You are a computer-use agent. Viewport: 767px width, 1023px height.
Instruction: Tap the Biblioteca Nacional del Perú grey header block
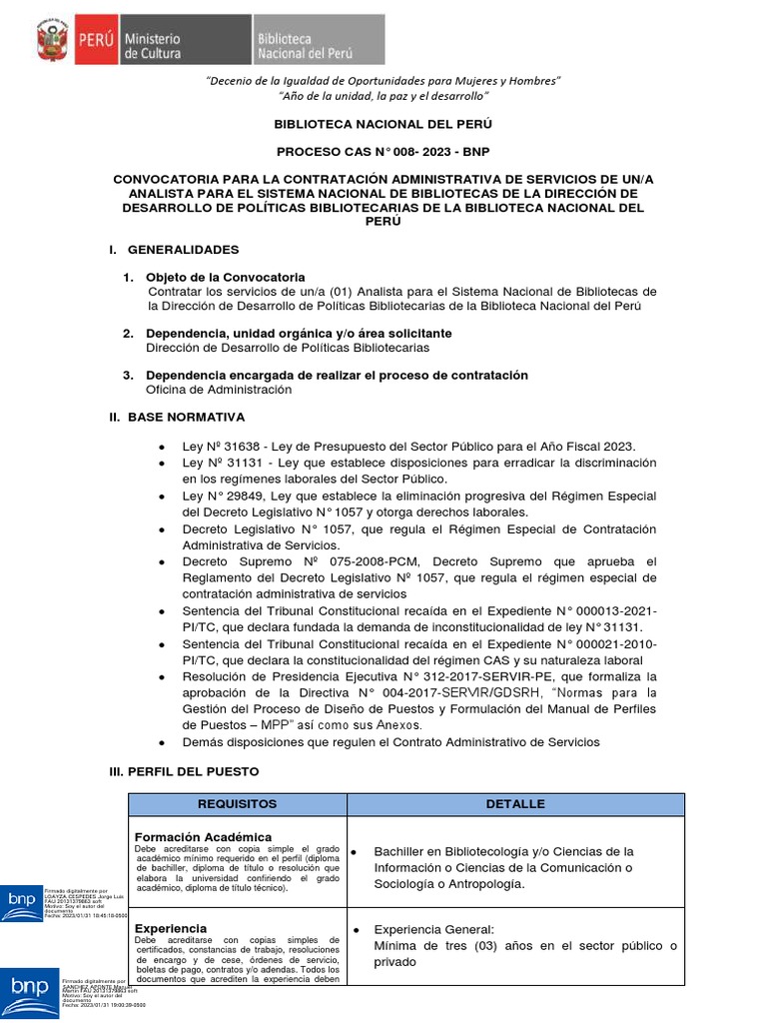coord(317,42)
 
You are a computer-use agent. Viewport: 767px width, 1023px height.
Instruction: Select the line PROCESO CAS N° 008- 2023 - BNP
coord(383,151)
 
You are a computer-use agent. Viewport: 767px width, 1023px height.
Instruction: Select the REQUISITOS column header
coord(237,804)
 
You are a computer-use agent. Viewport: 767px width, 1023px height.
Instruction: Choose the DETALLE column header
coord(515,804)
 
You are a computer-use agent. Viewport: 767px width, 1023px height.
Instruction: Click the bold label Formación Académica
coord(203,836)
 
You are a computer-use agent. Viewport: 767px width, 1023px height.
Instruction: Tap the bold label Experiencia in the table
coord(171,928)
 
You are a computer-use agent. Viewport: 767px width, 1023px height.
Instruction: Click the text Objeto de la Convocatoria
coord(226,277)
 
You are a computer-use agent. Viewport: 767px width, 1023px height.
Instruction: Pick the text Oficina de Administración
coord(219,390)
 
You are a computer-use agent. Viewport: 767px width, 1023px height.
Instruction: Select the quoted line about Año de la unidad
coord(383,96)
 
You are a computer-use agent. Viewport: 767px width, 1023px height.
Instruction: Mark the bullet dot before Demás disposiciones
coord(162,742)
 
